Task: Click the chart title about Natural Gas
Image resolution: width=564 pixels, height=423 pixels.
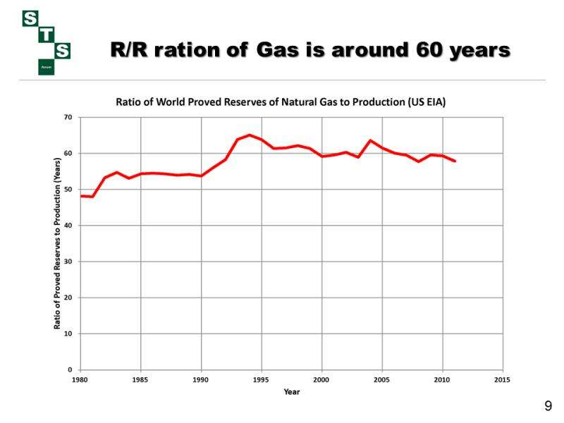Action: point(281,102)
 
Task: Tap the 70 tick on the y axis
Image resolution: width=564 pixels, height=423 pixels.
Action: point(68,117)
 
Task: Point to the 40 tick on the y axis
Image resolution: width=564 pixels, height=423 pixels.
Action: point(68,226)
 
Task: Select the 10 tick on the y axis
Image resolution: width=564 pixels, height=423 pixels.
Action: point(68,333)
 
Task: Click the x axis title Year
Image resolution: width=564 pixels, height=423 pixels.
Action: point(291,391)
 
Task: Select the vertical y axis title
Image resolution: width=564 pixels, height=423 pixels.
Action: point(58,243)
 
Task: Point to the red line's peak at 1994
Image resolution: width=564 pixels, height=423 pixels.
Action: point(250,135)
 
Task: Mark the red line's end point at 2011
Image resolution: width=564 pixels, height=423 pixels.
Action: point(455,161)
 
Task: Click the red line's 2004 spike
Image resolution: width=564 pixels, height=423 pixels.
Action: point(370,140)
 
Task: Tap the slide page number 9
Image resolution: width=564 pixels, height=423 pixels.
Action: point(548,406)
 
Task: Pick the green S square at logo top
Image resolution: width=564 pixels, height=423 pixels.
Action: point(30,19)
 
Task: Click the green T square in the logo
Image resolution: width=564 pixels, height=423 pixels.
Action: point(47,35)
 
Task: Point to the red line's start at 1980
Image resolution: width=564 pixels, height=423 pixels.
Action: point(81,196)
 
